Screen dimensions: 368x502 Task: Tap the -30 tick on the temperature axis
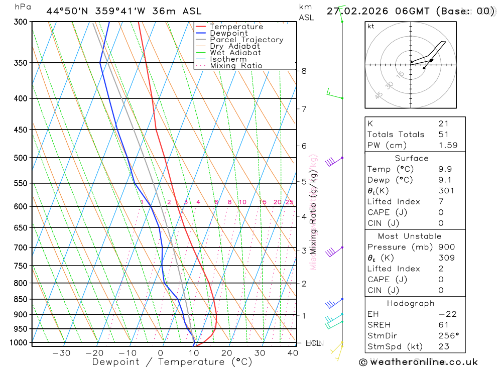61,353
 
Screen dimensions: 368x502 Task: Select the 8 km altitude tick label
304,71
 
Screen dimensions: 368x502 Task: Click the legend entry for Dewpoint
228,33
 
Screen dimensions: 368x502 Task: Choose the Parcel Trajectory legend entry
246,40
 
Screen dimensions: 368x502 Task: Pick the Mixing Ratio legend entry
236,66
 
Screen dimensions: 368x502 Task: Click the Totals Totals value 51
444,135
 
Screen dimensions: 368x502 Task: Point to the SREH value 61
444,325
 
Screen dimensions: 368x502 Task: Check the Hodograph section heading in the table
411,303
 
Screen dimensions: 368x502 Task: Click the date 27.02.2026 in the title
354,11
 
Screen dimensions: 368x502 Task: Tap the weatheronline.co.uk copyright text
418,362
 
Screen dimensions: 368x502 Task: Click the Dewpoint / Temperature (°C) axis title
172,362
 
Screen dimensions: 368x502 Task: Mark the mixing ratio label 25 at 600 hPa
289,202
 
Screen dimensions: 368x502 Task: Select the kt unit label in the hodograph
371,26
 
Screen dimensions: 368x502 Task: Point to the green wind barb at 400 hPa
333,93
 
